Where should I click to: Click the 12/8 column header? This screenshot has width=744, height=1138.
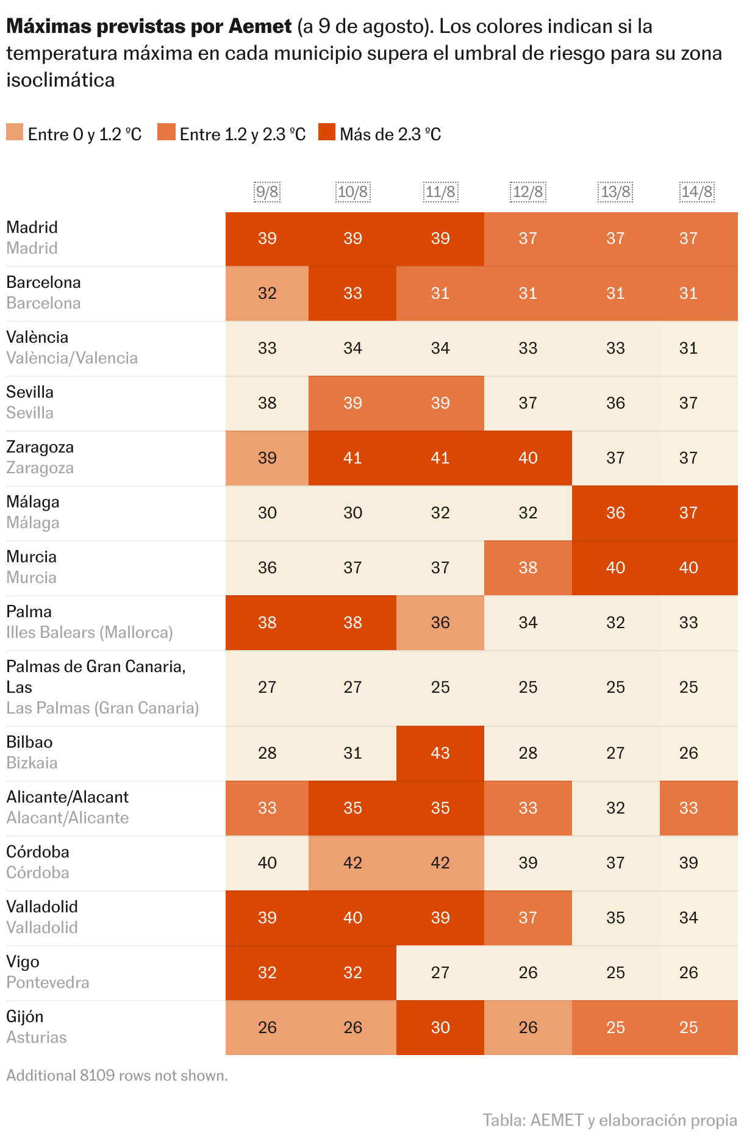[528, 192]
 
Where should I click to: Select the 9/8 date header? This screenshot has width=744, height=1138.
[267, 192]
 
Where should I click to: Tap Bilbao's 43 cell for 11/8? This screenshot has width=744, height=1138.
[440, 753]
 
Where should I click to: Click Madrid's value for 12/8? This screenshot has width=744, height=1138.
[528, 238]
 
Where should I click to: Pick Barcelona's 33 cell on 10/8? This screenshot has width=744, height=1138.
[352, 293]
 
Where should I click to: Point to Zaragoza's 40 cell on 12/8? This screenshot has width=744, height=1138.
[528, 458]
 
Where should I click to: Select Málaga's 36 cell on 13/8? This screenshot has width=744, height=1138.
[615, 513]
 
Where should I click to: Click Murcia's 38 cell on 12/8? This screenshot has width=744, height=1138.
[528, 568]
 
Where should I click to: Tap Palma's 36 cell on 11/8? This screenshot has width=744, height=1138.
[440, 623]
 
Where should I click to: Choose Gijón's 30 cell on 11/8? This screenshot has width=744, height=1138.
[440, 1028]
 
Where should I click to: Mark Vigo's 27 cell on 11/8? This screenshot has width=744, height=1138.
[440, 973]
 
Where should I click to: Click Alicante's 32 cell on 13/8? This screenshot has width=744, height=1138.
[615, 808]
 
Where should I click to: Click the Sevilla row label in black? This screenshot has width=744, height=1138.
[30, 392]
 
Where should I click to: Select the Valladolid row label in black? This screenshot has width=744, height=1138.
[42, 907]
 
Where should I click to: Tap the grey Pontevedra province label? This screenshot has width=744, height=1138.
[48, 982]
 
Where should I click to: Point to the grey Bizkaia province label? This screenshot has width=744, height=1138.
[32, 763]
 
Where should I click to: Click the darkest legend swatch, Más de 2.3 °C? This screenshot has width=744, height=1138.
[327, 132]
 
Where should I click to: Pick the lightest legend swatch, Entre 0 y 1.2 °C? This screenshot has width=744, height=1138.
[15, 132]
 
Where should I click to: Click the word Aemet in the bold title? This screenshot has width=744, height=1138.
[260, 26]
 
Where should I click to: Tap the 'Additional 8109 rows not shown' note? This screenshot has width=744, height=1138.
[117, 1075]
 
